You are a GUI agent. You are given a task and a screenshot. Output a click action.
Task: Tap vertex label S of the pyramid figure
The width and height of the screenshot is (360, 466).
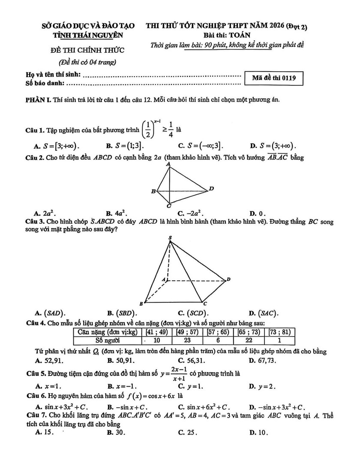coord(170,238)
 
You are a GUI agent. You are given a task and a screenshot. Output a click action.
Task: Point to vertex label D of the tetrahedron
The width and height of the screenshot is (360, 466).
coord(211,189)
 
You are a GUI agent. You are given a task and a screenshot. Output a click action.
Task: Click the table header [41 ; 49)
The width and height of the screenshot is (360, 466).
coord(158,332)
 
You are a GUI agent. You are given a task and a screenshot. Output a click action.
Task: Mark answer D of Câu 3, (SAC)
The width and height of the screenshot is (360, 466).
coord(262,313)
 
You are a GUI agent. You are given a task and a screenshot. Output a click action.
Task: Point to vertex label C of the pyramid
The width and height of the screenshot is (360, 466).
coord(205,304)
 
